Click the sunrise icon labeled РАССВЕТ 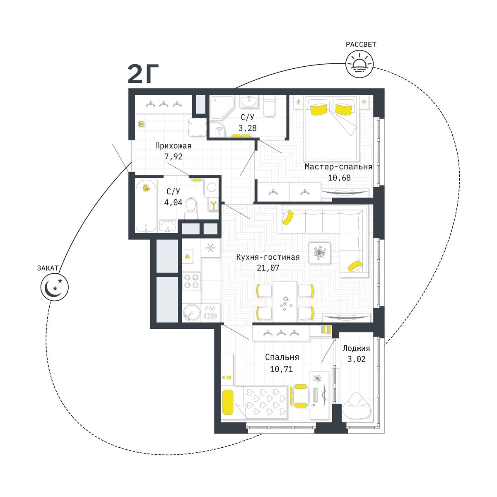(359, 64)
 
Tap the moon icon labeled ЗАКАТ (54, 287)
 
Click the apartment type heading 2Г (143, 74)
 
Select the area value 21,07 (268, 268)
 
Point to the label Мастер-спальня (338, 166)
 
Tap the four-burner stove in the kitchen (191, 281)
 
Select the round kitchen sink (191, 312)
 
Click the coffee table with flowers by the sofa (320, 253)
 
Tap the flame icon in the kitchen (188, 257)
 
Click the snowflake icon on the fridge (210, 248)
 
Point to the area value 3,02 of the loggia (357, 359)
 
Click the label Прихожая (173, 146)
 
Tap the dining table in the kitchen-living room (285, 301)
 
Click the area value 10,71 (281, 369)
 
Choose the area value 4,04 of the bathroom (173, 203)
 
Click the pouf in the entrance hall (197, 127)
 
